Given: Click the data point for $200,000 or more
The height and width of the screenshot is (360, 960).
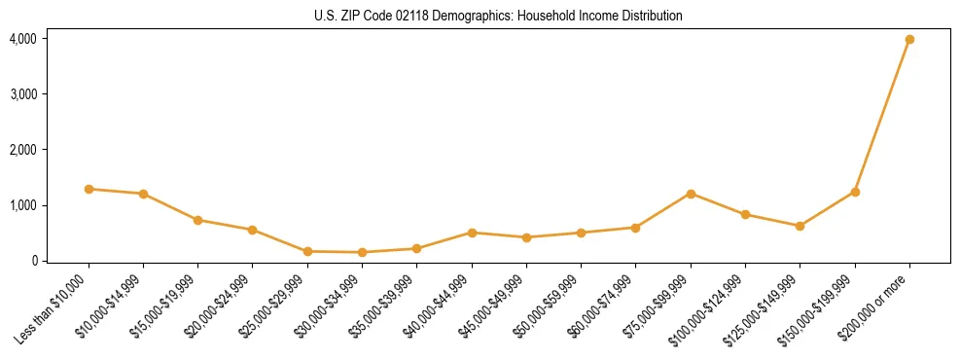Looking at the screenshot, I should tap(909, 39).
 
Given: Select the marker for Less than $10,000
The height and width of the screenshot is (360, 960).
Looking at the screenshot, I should tap(89, 189).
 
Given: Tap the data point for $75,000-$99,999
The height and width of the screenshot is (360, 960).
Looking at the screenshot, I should tap(691, 194).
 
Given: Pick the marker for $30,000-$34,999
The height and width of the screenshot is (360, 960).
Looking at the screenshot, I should tap(362, 252).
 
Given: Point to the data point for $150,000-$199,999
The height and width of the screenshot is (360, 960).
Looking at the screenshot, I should tap(855, 192).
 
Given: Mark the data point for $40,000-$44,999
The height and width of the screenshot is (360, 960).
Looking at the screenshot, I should tap(472, 233).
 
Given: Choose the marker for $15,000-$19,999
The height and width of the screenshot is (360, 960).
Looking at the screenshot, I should tap(197, 220).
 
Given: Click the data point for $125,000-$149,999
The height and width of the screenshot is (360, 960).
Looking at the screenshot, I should tap(800, 226).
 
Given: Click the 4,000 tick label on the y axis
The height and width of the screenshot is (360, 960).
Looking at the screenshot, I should tap(22, 39).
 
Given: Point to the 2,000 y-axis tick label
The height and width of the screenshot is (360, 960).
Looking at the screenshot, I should tap(22, 150).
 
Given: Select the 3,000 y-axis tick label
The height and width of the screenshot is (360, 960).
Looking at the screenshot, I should tap(22, 94).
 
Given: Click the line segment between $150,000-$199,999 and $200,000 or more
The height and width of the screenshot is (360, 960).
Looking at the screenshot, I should tap(882, 115).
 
